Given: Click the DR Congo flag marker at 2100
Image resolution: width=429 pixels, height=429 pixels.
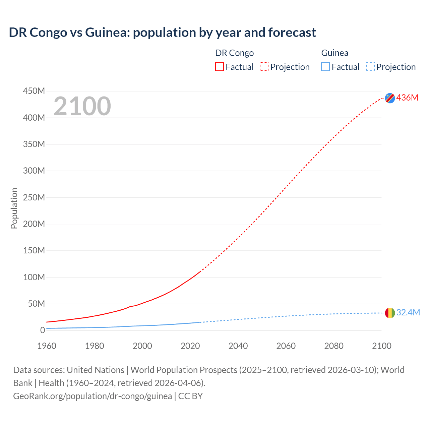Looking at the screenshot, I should [390, 98].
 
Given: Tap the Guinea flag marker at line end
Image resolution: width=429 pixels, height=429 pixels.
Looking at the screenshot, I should [390, 313].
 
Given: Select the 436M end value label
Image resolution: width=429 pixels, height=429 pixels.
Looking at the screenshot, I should [407, 98].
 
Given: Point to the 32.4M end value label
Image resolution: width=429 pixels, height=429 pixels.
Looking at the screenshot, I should [408, 312].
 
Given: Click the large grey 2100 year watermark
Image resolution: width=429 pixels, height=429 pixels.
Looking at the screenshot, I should [82, 106].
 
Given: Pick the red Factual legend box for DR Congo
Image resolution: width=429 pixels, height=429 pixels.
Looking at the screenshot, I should [220, 67].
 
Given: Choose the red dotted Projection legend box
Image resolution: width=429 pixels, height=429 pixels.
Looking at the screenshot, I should [264, 67].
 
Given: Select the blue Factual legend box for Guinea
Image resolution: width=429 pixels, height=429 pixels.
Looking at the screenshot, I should [325, 67].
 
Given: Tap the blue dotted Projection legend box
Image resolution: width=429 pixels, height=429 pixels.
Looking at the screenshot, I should [370, 67].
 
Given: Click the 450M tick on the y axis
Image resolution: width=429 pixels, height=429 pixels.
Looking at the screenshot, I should [34, 91].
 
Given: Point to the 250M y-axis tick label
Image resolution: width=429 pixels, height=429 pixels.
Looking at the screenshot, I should [34, 197].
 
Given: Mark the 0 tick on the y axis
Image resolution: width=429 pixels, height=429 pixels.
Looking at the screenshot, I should [42, 330].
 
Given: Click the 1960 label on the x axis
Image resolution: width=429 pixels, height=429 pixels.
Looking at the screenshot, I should [47, 346].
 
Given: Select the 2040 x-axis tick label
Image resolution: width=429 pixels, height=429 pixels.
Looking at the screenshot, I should [238, 346].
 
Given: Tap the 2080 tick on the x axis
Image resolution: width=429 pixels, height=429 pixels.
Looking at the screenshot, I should [334, 346].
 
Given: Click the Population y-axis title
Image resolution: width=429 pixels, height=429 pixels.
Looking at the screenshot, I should [14, 208].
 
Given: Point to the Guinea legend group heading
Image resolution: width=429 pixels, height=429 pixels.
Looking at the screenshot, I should [334, 53].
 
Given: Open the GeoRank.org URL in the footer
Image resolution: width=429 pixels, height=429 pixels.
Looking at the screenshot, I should [93, 396].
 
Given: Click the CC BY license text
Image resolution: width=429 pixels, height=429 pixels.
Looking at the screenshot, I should [190, 396].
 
